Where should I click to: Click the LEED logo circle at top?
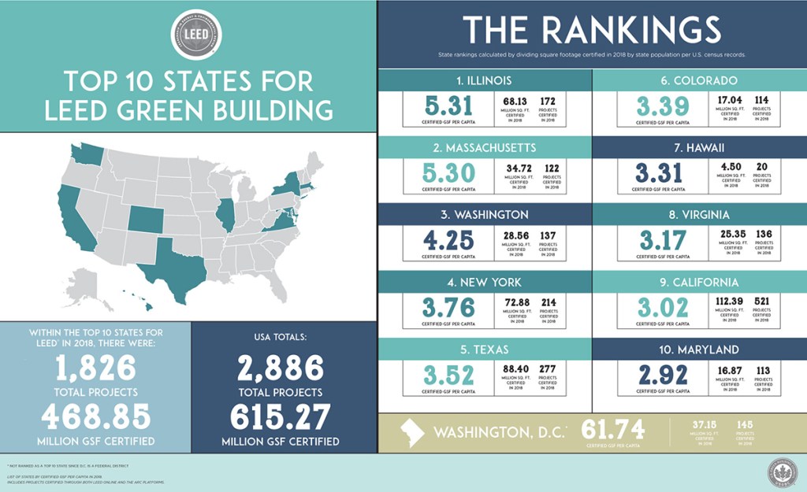[x=196, y=35]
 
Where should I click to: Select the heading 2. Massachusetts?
[x=484, y=147]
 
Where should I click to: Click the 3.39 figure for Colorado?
[x=662, y=105]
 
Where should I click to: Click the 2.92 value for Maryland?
[x=662, y=374]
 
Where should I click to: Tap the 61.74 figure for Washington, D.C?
[x=612, y=429]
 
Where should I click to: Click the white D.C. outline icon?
[x=411, y=432]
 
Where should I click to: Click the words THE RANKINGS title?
[x=591, y=30]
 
